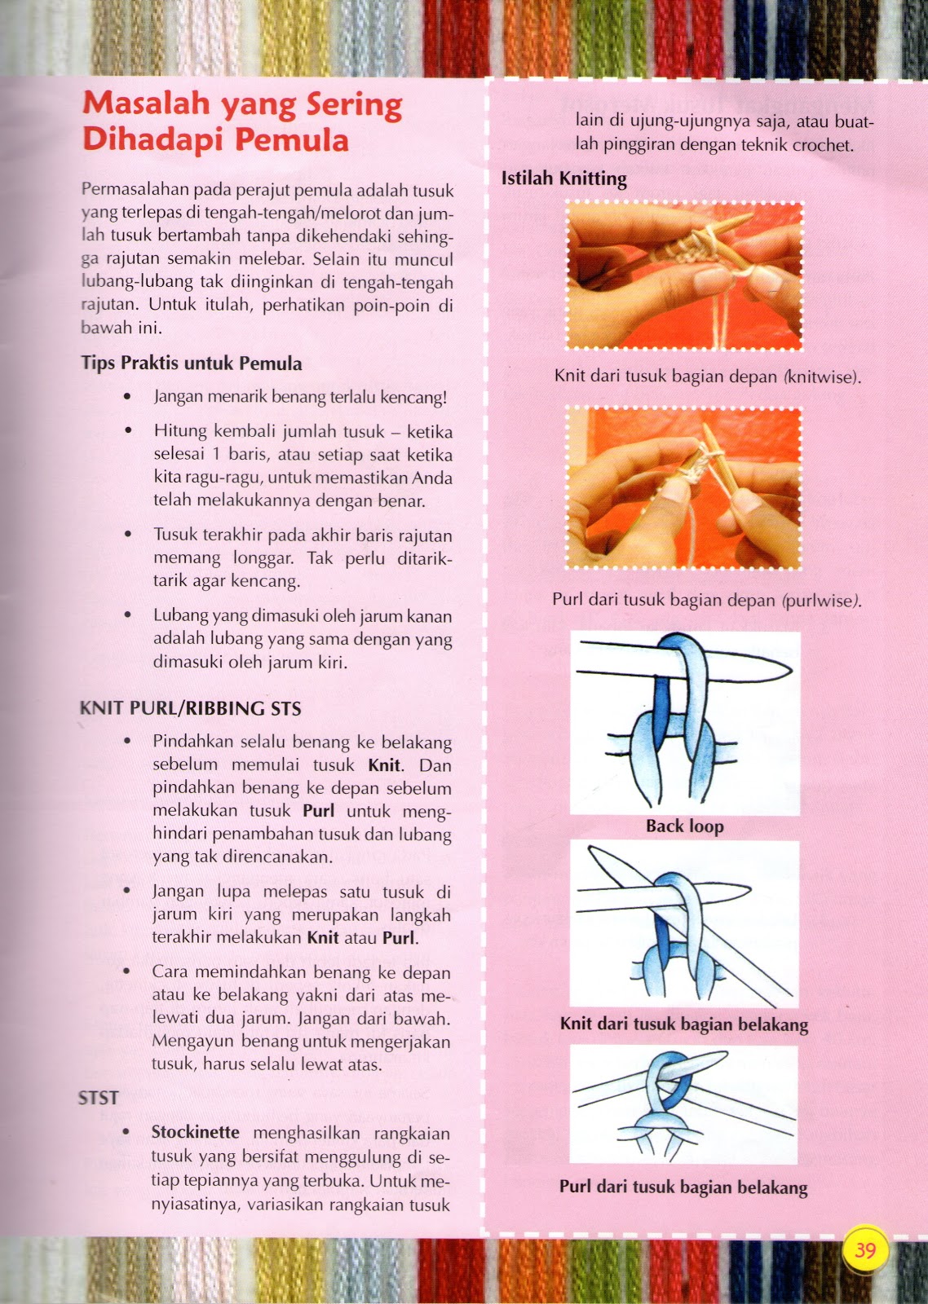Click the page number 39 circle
pyautogui.click(x=865, y=1249)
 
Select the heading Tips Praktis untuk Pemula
pyautogui.click(x=192, y=363)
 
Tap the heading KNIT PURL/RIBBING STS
pyautogui.click(x=190, y=708)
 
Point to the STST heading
pyautogui.click(x=99, y=1098)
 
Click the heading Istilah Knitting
pyautogui.click(x=563, y=178)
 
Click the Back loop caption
pyautogui.click(x=684, y=826)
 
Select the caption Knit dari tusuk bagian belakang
pyautogui.click(x=683, y=1024)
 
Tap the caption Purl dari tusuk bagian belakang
pyautogui.click(x=683, y=1187)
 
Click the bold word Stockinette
pyautogui.click(x=196, y=1133)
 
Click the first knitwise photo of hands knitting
pyautogui.click(x=684, y=276)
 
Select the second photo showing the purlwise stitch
pyautogui.click(x=684, y=488)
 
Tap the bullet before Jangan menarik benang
pyautogui.click(x=127, y=397)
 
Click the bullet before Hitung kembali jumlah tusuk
pyautogui.click(x=127, y=431)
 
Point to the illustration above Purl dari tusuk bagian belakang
pyautogui.click(x=683, y=1104)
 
